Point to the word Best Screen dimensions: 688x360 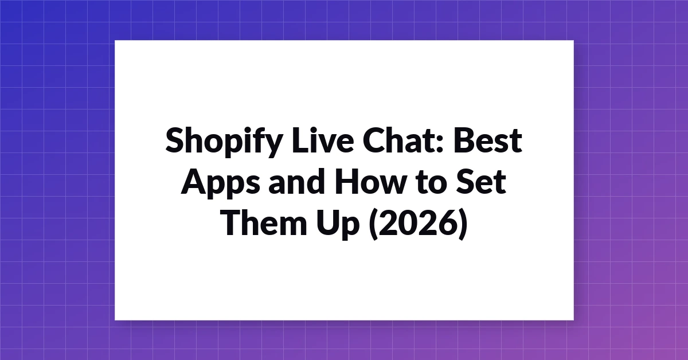(x=488, y=140)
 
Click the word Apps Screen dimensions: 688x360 (x=220, y=183)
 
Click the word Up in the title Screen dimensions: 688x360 (x=338, y=225)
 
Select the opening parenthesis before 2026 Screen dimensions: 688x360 (x=373, y=225)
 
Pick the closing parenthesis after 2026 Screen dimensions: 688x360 (x=463, y=225)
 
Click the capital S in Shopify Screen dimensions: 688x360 (x=175, y=140)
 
